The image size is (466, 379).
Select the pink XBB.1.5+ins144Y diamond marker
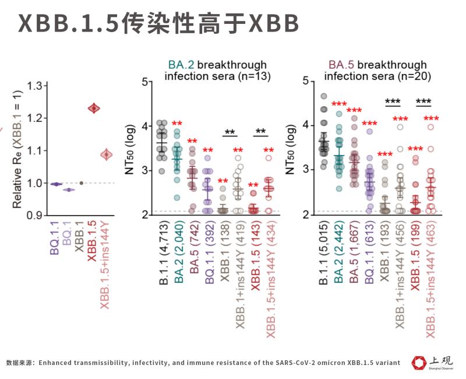(x=106, y=155)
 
